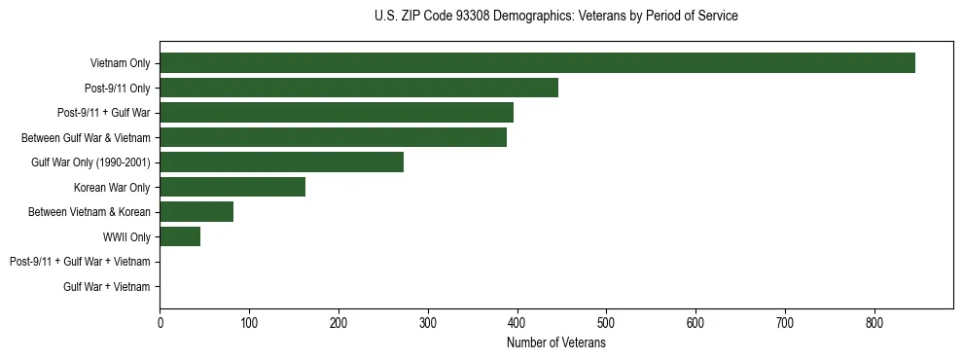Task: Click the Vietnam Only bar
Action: pyautogui.click(x=537, y=63)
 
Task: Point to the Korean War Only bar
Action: pyautogui.click(x=232, y=187)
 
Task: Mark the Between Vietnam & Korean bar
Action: pyautogui.click(x=196, y=212)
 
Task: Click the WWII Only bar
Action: pyautogui.click(x=180, y=236)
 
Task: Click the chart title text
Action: pyautogui.click(x=555, y=17)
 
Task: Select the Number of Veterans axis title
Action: pyautogui.click(x=555, y=343)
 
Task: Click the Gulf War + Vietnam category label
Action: pyautogui.click(x=107, y=287)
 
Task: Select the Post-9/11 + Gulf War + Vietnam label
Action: pyautogui.click(x=80, y=262)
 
